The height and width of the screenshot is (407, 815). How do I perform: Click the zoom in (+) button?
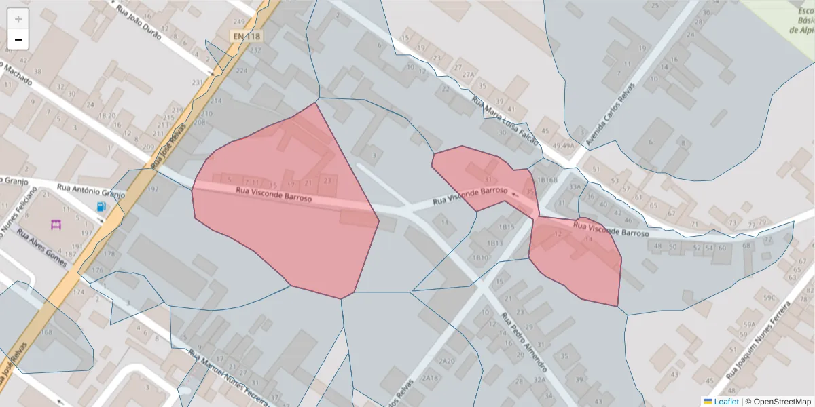[x=18, y=19]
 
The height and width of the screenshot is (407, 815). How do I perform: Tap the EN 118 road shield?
[x=245, y=35]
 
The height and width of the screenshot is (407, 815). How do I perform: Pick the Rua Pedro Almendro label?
[x=524, y=342]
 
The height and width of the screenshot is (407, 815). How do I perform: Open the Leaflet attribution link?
[x=726, y=402]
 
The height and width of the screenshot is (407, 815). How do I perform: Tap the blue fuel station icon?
[x=101, y=206]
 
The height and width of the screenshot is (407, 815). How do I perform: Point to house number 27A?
[x=469, y=75]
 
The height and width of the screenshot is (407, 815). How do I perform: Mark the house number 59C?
[x=769, y=297]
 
